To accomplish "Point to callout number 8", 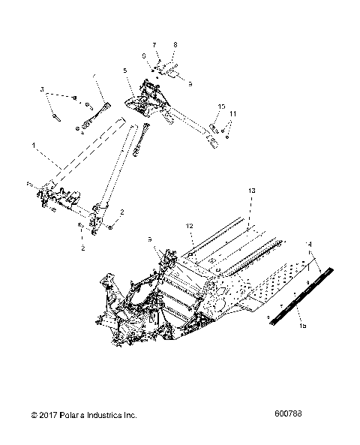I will click(x=175, y=46).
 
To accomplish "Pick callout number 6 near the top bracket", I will click(x=144, y=56).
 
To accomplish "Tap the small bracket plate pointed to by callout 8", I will click(x=169, y=73).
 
